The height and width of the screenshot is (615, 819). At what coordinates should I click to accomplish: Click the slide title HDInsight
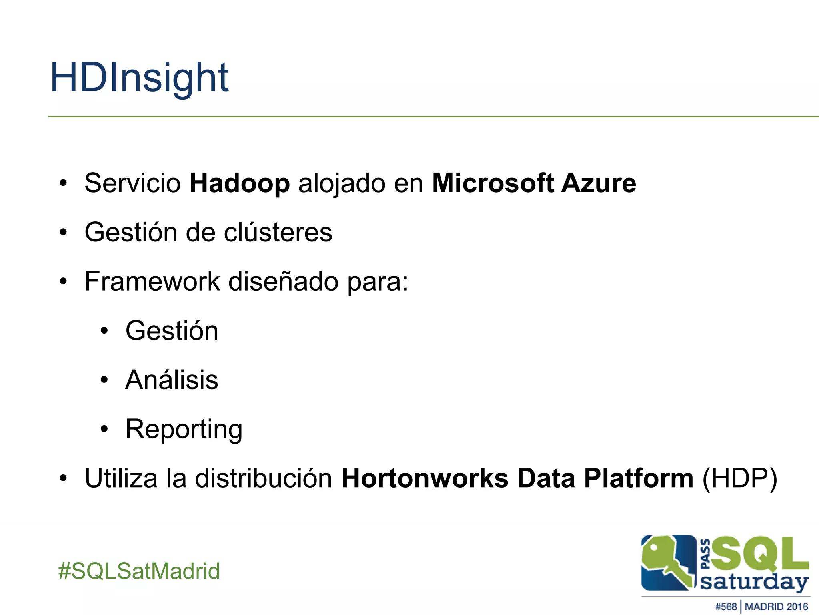point(139,78)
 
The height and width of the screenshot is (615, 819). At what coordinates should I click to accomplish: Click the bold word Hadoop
point(239,183)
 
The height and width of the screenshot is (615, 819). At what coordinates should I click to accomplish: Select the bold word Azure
point(598,183)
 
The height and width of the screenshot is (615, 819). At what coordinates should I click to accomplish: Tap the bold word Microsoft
point(493,183)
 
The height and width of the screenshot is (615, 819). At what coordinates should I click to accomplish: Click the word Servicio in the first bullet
point(132,183)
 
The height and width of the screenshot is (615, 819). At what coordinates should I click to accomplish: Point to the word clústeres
point(278,232)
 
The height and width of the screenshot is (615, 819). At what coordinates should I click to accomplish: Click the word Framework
point(152,281)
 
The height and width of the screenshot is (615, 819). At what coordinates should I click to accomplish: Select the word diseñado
point(283,281)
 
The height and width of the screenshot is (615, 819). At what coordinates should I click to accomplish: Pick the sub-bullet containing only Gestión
point(172,331)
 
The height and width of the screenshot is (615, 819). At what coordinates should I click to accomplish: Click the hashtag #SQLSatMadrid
point(139,571)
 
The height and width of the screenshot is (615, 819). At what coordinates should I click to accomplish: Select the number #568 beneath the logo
point(726,607)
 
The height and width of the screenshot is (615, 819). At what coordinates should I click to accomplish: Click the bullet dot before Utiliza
point(63,478)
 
